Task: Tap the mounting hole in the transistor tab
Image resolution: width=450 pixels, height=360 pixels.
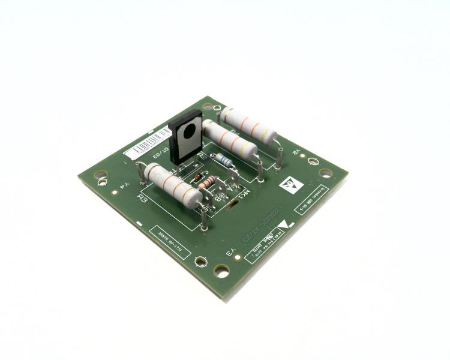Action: coord(190,131)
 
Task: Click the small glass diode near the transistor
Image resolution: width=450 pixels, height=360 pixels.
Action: coord(196,178)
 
